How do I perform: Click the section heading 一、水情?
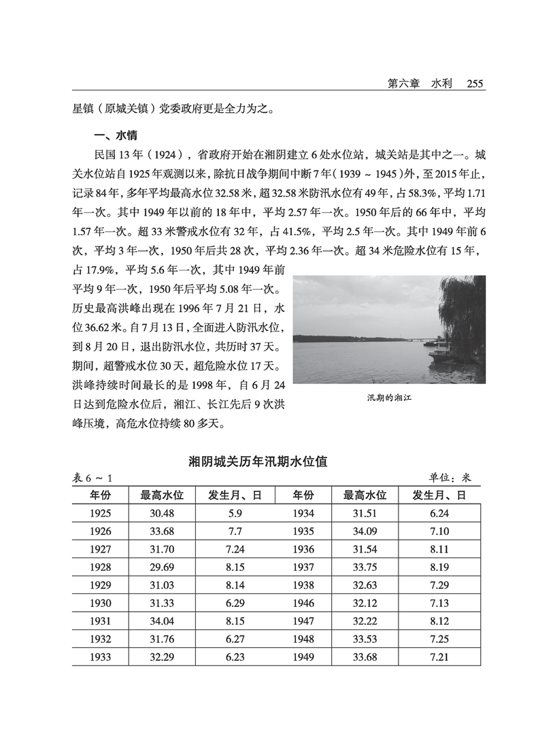[119, 135]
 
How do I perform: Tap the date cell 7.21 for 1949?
[437, 657]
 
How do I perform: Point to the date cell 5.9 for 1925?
[235, 515]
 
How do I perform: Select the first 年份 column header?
[99, 496]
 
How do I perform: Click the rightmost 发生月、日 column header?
[439, 496]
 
